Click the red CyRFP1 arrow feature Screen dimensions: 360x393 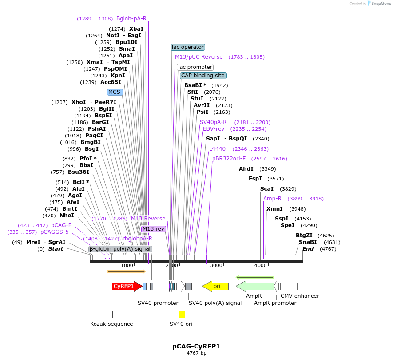tap(127, 286)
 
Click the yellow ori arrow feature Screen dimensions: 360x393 tap(216, 286)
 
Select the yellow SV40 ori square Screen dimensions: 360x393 tap(182, 314)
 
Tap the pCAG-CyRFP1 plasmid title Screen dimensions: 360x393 tap(196, 346)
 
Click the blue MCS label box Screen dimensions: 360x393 tap(115, 92)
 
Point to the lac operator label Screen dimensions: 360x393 tap(188, 47)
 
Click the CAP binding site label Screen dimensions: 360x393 tap(203, 76)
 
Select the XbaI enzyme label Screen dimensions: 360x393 tap(136, 29)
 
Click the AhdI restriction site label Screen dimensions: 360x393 tap(246, 169)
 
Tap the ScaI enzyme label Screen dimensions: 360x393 tap(267, 189)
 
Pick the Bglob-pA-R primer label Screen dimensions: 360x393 tap(131, 19)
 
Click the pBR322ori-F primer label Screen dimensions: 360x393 tap(229, 159)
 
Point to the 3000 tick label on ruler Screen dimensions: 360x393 tap(216, 265)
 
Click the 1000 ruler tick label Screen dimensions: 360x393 tap(127, 265)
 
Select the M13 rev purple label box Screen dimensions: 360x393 tap(154, 229)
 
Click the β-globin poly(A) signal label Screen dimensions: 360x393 tap(120, 249)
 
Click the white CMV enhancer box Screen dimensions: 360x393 tap(289, 286)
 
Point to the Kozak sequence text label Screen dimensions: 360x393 tap(111, 324)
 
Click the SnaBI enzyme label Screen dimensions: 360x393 tap(308, 242)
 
